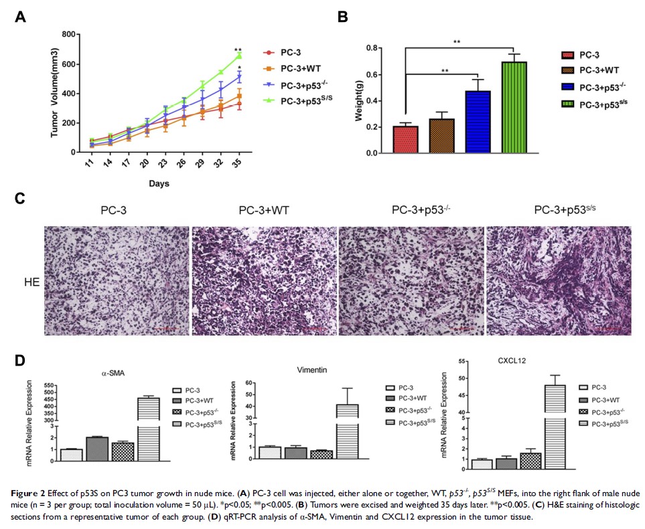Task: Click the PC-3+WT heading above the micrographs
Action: click(265, 211)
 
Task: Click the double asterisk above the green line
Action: click(238, 50)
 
